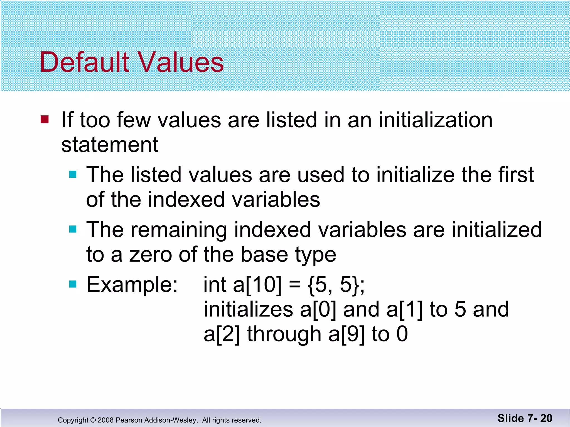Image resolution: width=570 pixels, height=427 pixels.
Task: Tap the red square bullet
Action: (x=45, y=120)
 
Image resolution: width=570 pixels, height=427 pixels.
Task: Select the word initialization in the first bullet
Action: (x=436, y=120)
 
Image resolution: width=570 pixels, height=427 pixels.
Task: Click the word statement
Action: (x=110, y=145)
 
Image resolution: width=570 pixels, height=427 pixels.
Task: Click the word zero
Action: (x=150, y=255)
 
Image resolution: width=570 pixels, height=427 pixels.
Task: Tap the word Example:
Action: (x=132, y=285)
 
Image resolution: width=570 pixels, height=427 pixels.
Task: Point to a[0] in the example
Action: (x=318, y=309)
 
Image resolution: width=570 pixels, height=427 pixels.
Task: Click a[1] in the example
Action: (x=404, y=309)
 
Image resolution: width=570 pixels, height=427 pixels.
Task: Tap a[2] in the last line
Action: (x=222, y=334)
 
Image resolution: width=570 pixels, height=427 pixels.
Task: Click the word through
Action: (x=284, y=334)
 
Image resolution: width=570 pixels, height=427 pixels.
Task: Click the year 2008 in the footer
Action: (x=105, y=420)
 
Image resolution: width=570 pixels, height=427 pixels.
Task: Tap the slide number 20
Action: (x=546, y=418)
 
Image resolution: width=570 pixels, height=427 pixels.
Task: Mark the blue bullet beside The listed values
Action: (x=73, y=175)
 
